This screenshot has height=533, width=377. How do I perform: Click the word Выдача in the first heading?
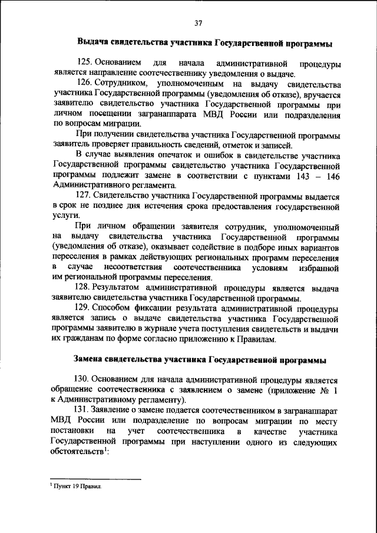95,43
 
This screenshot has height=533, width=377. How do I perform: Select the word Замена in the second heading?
91,359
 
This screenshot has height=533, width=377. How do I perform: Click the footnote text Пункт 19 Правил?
78,488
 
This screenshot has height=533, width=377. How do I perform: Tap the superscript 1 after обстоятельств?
105,449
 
